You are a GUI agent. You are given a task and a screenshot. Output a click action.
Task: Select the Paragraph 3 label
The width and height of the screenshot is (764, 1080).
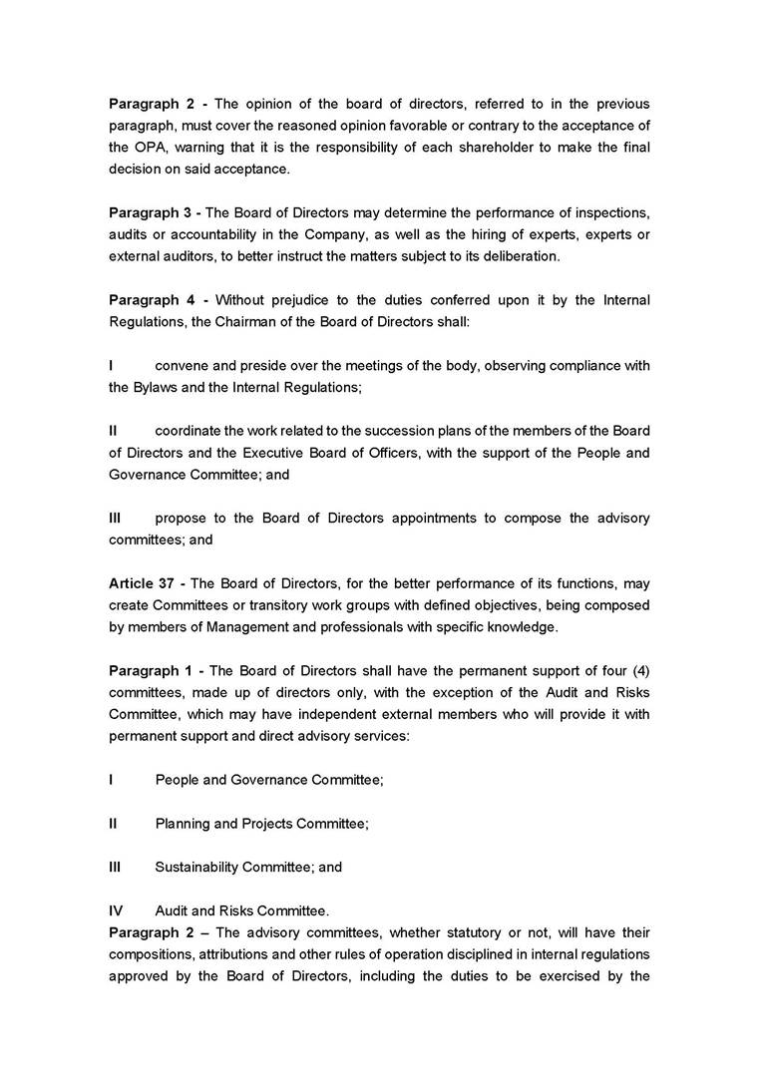point(150,212)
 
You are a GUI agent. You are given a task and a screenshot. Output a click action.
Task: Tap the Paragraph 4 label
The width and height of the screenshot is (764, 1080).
point(150,299)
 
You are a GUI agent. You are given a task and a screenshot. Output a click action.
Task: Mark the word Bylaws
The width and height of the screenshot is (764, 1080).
point(155,387)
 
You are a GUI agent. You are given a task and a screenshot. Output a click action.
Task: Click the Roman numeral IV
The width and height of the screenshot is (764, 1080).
point(117,910)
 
